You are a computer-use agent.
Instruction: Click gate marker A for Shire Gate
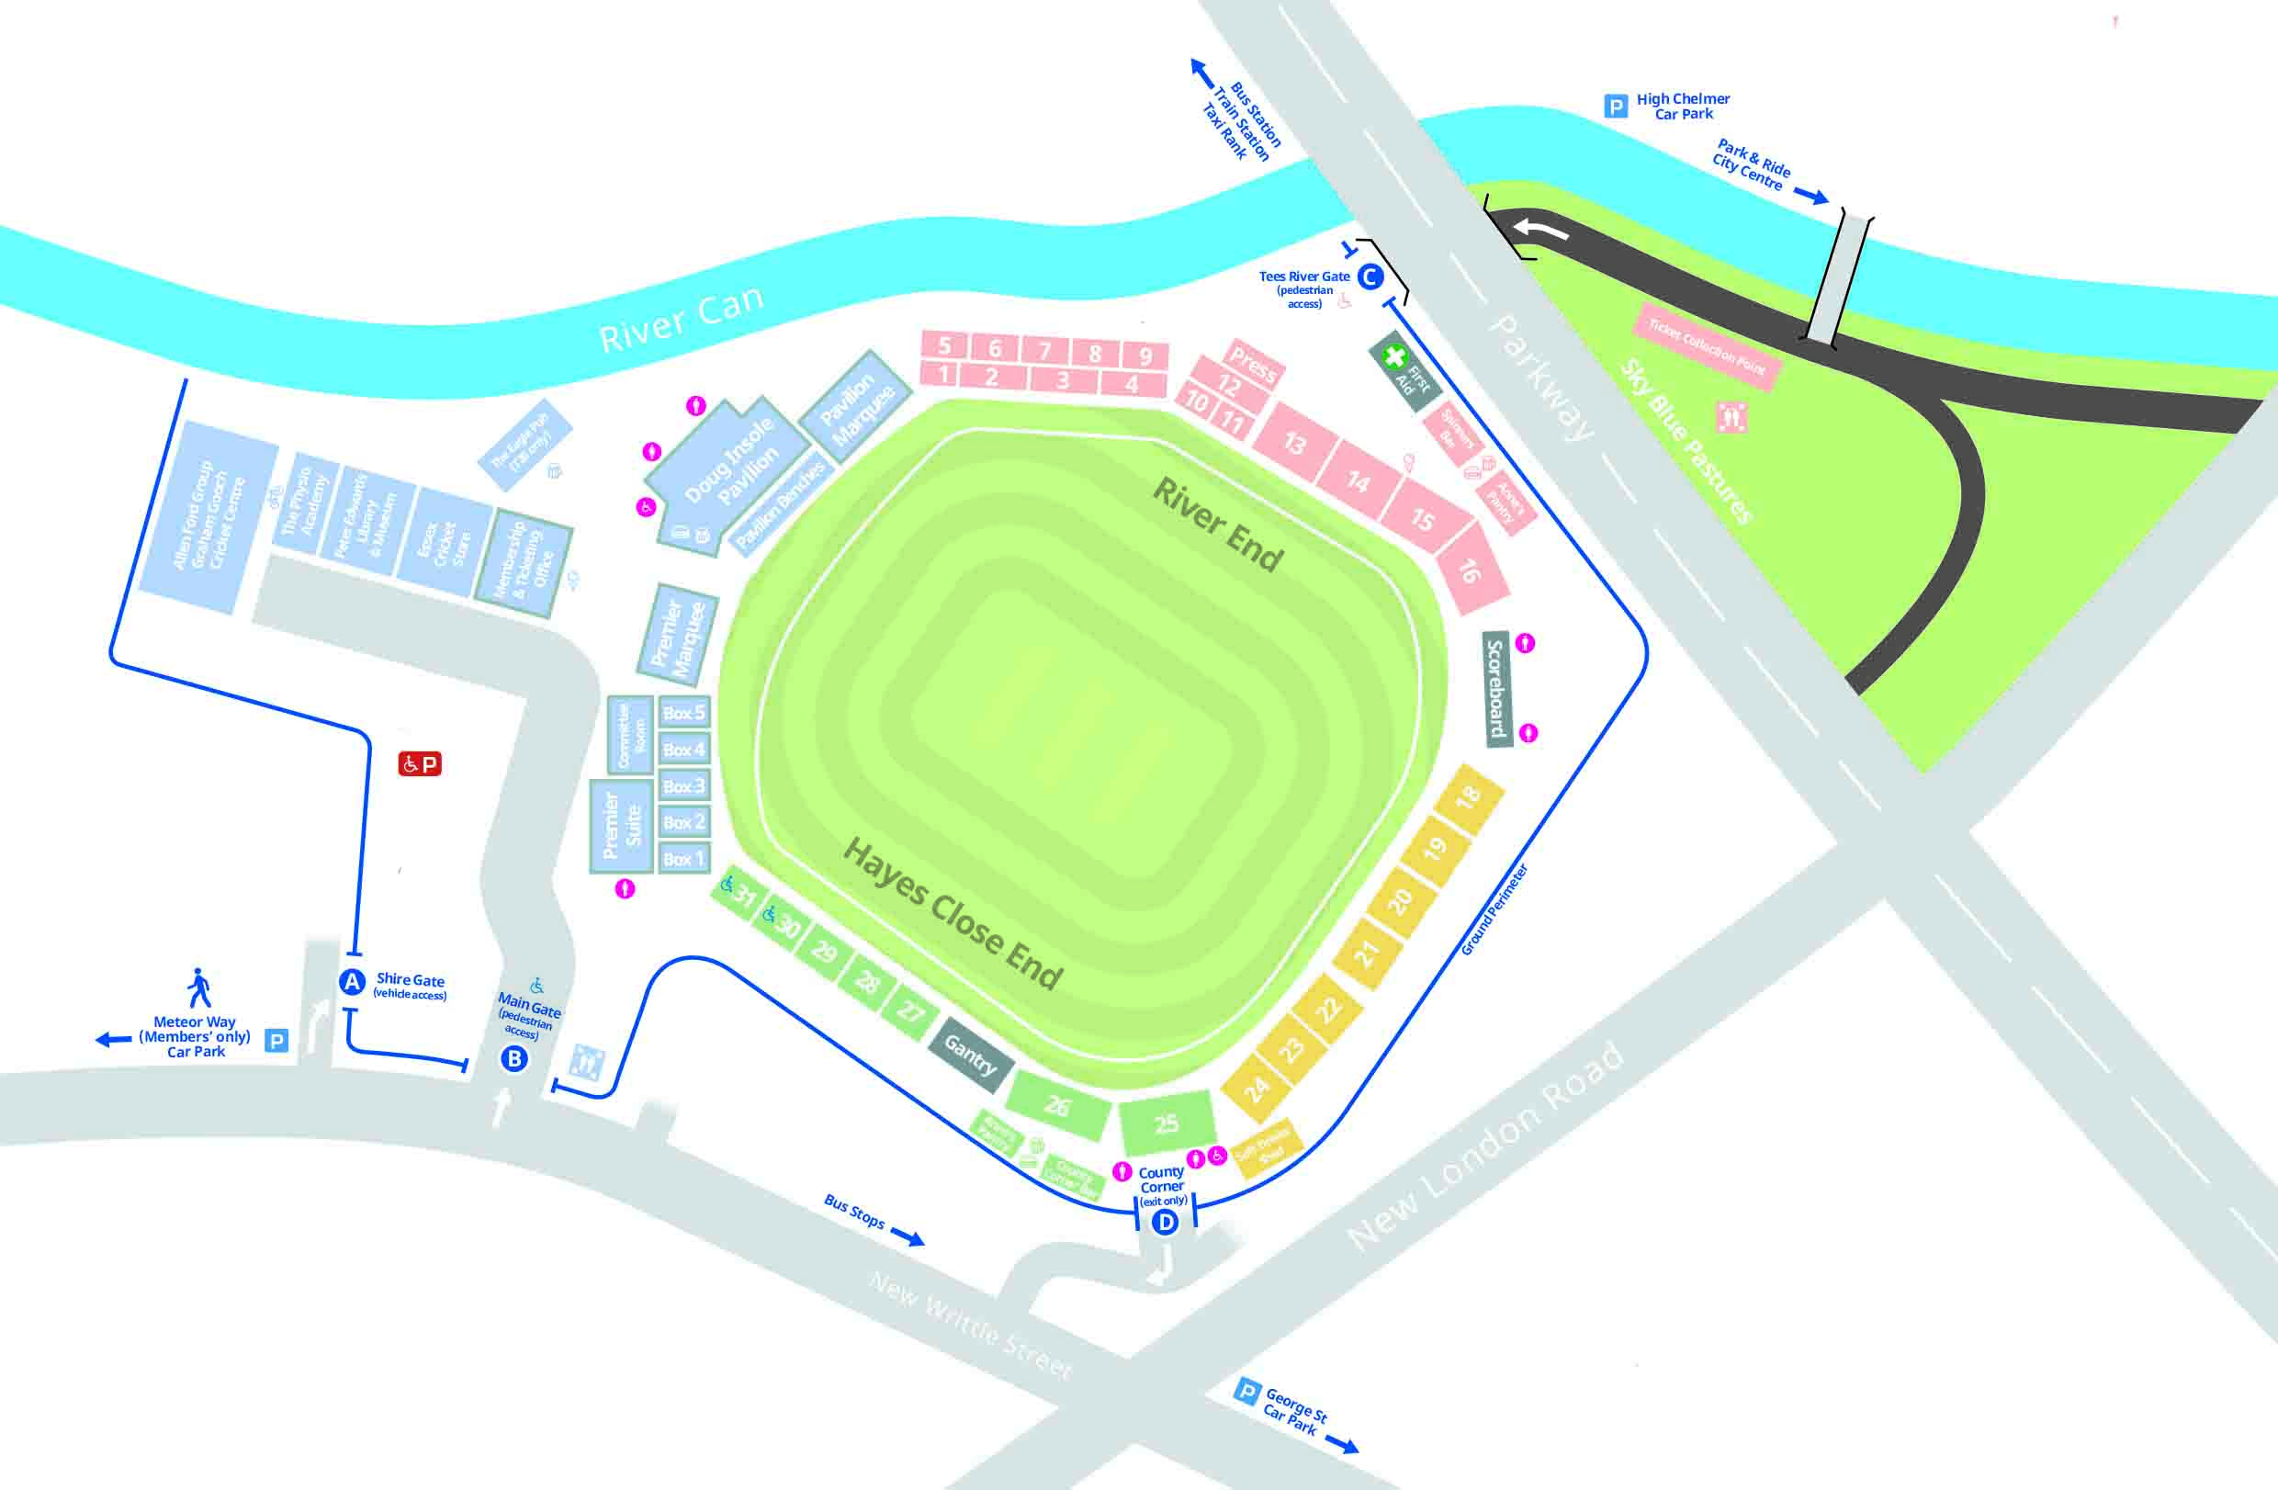coord(352,982)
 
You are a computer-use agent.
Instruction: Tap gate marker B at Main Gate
coord(515,1058)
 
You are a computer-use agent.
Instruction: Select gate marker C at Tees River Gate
coord(1370,277)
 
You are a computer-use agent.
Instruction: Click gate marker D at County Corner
coord(1165,1222)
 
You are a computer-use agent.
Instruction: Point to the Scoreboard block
coord(1497,688)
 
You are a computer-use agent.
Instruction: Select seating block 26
coord(1057,1106)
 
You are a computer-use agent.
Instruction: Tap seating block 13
coord(1294,443)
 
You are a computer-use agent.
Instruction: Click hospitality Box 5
coord(683,713)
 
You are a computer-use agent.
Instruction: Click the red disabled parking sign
coord(419,763)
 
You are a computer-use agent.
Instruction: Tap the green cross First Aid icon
coord(1394,357)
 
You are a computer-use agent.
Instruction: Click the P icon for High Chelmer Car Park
coord(1616,107)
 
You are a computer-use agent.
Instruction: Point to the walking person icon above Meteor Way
coord(199,988)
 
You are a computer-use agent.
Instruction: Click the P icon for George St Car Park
coord(1246,1391)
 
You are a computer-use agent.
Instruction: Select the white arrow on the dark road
coord(1540,230)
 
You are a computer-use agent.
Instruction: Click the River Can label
coord(681,320)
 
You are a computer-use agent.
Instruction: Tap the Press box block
coord(1253,364)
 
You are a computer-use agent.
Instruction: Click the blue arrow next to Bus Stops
coord(908,1237)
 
